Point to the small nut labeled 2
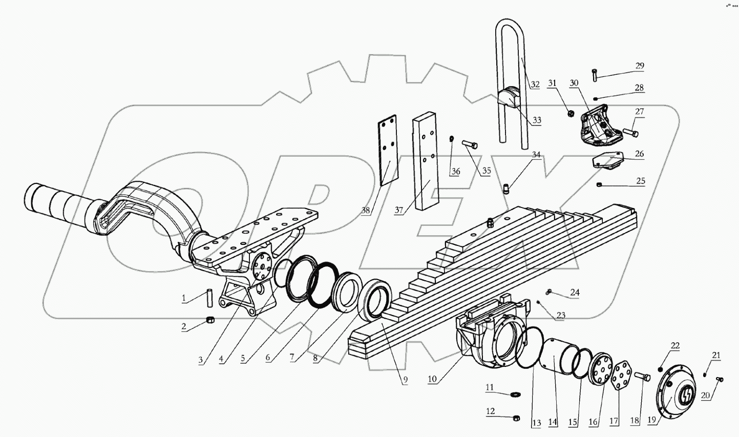209,320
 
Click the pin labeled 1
209,297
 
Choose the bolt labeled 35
470,145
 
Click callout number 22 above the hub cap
675,346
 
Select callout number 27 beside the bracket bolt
640,112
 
